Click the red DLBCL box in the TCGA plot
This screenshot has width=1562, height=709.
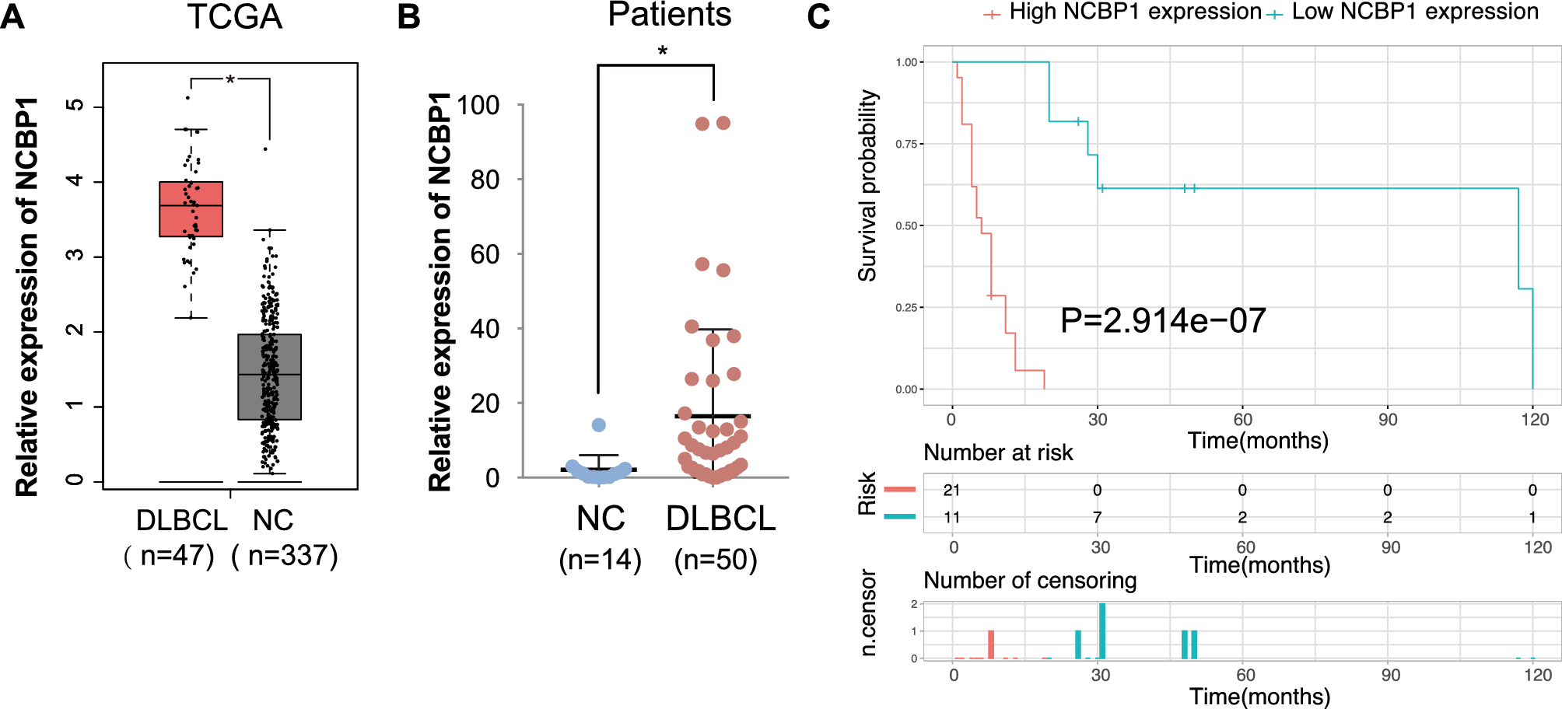(191, 208)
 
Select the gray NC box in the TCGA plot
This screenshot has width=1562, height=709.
(269, 377)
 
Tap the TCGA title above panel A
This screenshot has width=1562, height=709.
(234, 17)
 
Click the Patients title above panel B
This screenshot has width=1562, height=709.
(669, 14)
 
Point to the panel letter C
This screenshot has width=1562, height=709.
(818, 17)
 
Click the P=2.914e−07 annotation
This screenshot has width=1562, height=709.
(1163, 320)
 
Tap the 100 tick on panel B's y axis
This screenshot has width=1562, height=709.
(478, 105)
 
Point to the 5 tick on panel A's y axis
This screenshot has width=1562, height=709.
(75, 106)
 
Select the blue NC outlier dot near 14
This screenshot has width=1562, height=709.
(598, 424)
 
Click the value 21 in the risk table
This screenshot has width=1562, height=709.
(951, 490)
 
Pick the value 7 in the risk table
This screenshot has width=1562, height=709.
(1097, 517)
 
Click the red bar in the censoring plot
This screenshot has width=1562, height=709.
(991, 644)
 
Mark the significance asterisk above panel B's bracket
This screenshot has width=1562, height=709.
(662, 52)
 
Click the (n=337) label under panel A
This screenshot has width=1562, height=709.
(285, 556)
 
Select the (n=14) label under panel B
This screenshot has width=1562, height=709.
(600, 560)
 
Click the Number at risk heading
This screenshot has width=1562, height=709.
(998, 452)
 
